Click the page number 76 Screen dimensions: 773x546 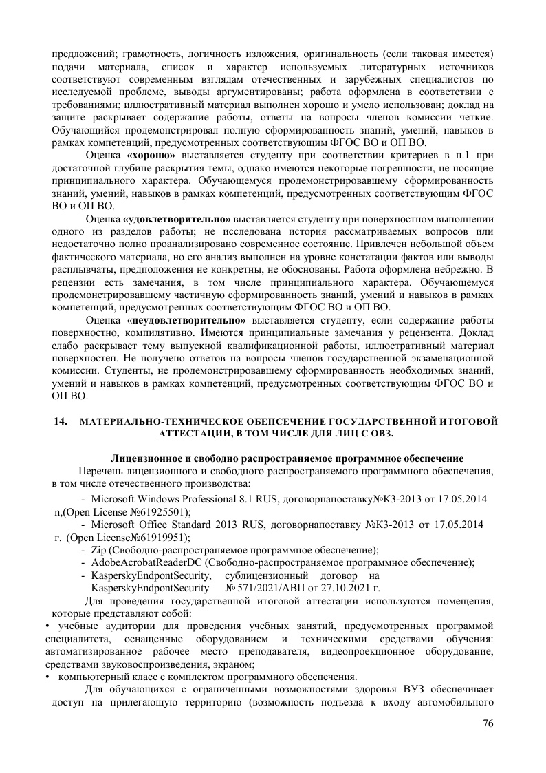(488, 723)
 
